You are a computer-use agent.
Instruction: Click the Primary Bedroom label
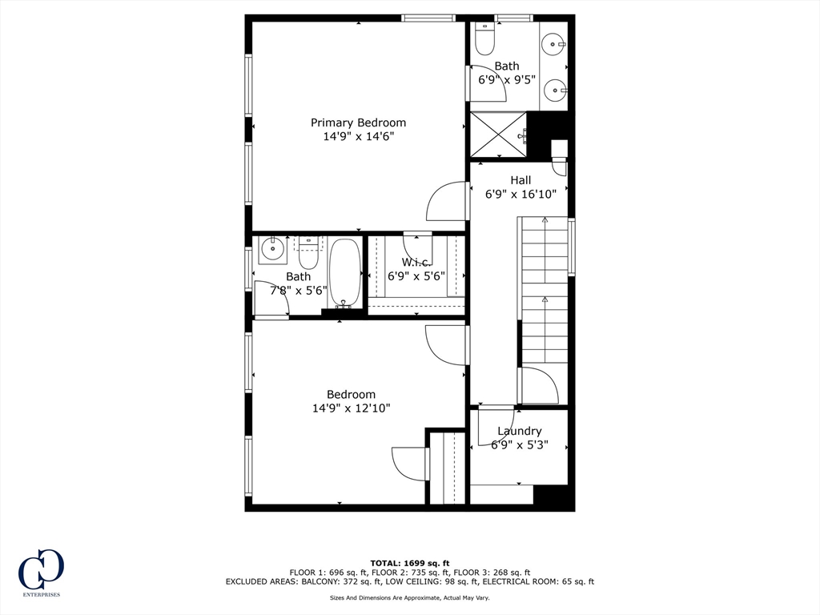358,123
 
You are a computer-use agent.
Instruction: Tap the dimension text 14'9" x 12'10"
351,408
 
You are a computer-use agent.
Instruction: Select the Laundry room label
519,431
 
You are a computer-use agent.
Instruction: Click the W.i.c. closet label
416,263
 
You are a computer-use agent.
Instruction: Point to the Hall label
521,180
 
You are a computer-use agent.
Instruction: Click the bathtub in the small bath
345,272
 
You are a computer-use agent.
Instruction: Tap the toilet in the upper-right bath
485,38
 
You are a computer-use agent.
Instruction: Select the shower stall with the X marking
497,134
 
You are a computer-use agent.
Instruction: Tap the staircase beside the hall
545,288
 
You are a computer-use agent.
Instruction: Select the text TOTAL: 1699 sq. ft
409,562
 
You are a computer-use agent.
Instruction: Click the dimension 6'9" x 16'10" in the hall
521,194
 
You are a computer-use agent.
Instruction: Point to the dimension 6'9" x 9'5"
506,80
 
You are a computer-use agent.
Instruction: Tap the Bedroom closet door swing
410,464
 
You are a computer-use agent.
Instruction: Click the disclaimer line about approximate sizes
409,598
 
